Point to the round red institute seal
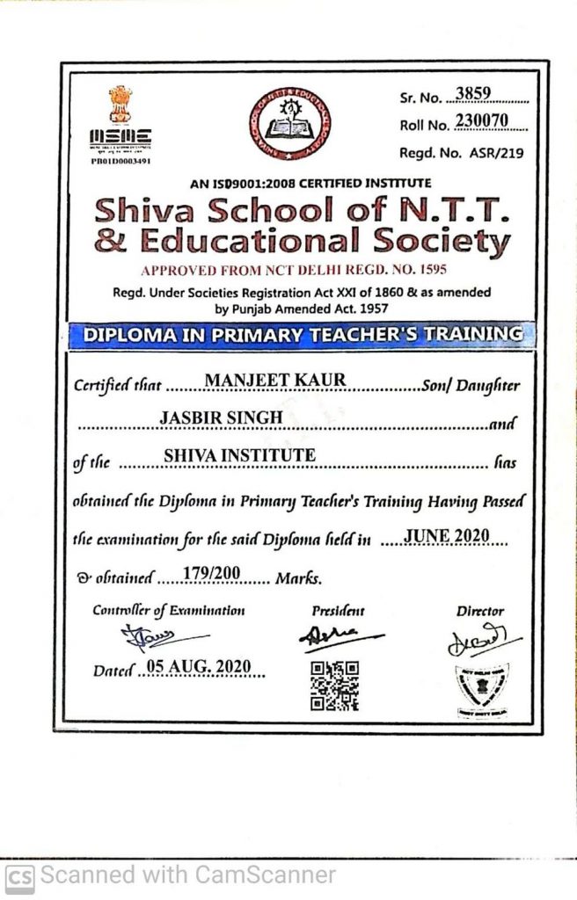[x=290, y=123]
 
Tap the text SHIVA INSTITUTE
[x=239, y=454]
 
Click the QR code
[x=334, y=685]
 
